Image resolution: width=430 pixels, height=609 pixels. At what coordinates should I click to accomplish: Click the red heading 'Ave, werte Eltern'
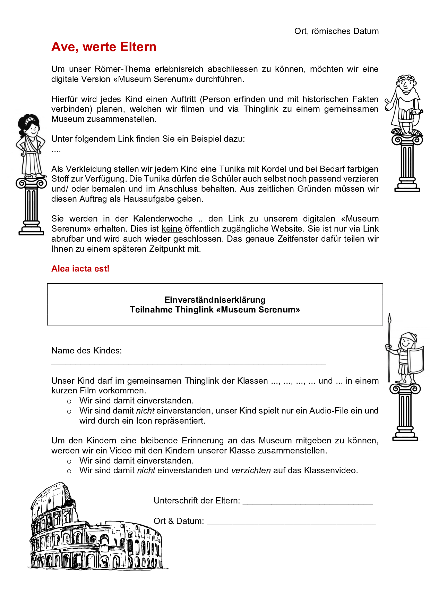coord(104,47)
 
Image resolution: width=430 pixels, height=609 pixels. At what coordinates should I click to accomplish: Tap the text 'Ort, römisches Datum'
coord(336,31)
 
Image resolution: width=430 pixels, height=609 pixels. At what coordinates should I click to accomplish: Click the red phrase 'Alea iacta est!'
coord(80,269)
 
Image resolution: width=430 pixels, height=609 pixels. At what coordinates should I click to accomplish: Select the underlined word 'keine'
coord(172,229)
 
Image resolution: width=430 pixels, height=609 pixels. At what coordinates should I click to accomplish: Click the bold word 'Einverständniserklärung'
coord(215,300)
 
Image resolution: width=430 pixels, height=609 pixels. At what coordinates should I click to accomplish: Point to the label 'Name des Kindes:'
coord(86,351)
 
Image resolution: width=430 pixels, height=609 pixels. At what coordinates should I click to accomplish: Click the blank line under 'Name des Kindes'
coord(189,364)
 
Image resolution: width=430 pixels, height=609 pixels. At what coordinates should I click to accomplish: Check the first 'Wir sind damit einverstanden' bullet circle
coord(69,402)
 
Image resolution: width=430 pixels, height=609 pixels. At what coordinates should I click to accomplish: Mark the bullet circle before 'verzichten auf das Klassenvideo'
coord(69,472)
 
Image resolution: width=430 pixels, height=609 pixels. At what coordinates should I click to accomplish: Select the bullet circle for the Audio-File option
coord(69,412)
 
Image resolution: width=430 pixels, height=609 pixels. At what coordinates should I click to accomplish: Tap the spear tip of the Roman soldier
coord(389,318)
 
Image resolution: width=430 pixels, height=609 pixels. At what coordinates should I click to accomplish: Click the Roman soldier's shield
coord(416,360)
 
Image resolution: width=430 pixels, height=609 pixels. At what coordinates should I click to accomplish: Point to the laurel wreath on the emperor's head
coord(406,78)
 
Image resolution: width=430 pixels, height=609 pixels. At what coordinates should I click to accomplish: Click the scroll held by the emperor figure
coord(416,112)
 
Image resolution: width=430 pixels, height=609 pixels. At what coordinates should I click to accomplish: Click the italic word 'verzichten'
coord(251,470)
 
